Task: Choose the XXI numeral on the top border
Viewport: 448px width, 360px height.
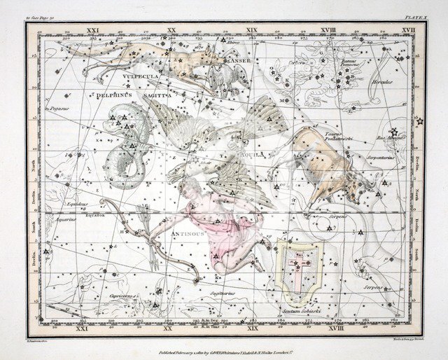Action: click(x=91, y=31)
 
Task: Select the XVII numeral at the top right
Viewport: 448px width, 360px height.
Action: click(x=408, y=31)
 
